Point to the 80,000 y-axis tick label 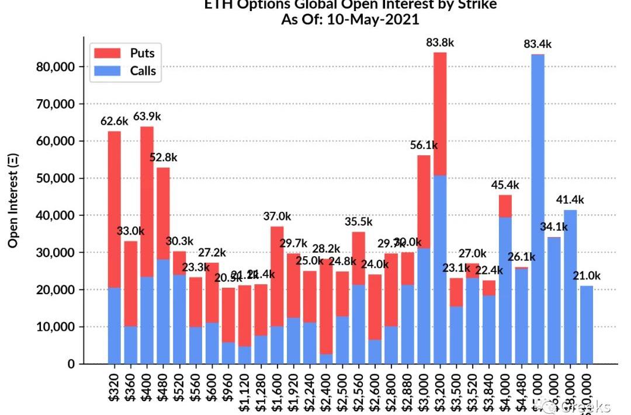[x=53, y=67]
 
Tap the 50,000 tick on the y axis [x=53, y=179]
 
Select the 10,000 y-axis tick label [x=53, y=327]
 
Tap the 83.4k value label [x=538, y=44]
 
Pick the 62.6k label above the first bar [x=115, y=121]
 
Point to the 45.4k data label [x=505, y=185]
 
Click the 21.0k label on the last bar [x=586, y=275]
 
